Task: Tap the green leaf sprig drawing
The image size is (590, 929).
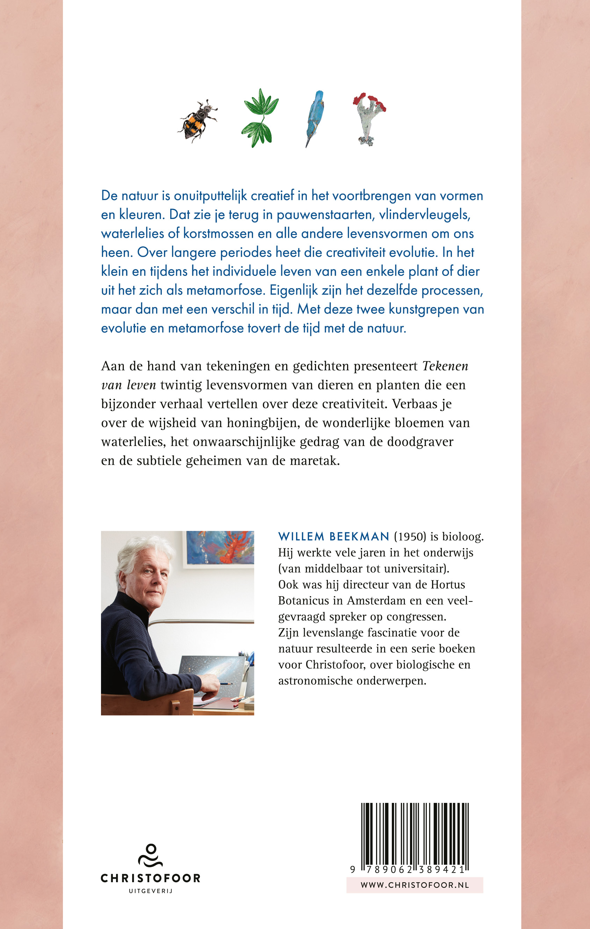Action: pos(260,118)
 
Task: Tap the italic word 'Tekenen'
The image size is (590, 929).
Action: pos(445,366)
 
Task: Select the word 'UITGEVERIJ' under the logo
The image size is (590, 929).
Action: pos(151,891)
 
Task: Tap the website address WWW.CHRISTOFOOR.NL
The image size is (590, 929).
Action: pos(415,885)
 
